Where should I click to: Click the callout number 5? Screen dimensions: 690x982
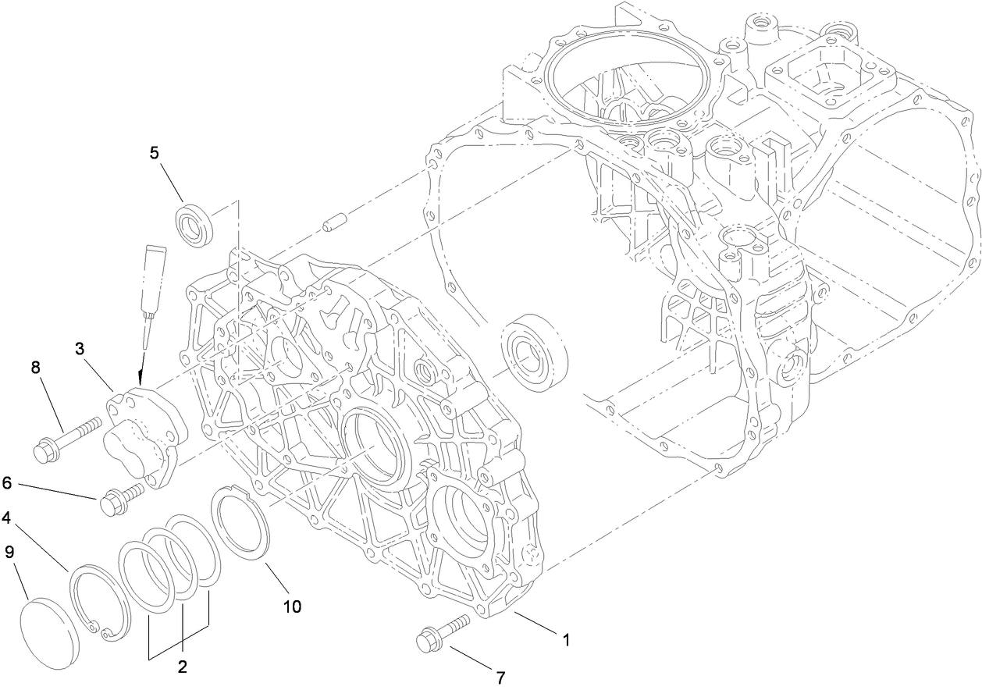pos(155,152)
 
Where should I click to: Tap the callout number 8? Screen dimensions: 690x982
pos(36,365)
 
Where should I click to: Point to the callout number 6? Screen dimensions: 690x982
pos(6,483)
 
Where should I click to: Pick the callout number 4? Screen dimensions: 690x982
pos(6,517)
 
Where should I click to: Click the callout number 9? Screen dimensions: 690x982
pos(9,552)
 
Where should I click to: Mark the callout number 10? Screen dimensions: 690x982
pos(292,606)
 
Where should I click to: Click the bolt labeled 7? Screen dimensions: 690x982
pos(442,632)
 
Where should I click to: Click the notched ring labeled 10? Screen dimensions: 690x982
pos(240,524)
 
